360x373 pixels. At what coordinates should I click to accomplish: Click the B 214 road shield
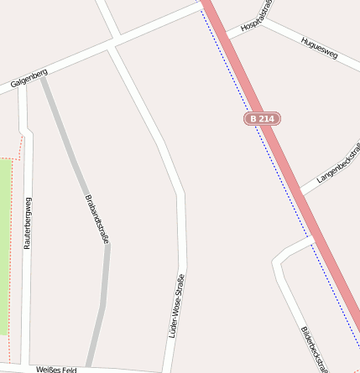click(x=262, y=120)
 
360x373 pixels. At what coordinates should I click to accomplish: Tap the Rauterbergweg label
click(x=28, y=224)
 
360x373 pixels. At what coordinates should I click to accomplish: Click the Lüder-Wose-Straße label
click(x=177, y=305)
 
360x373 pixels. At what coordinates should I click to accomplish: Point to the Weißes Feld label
click(x=56, y=369)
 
